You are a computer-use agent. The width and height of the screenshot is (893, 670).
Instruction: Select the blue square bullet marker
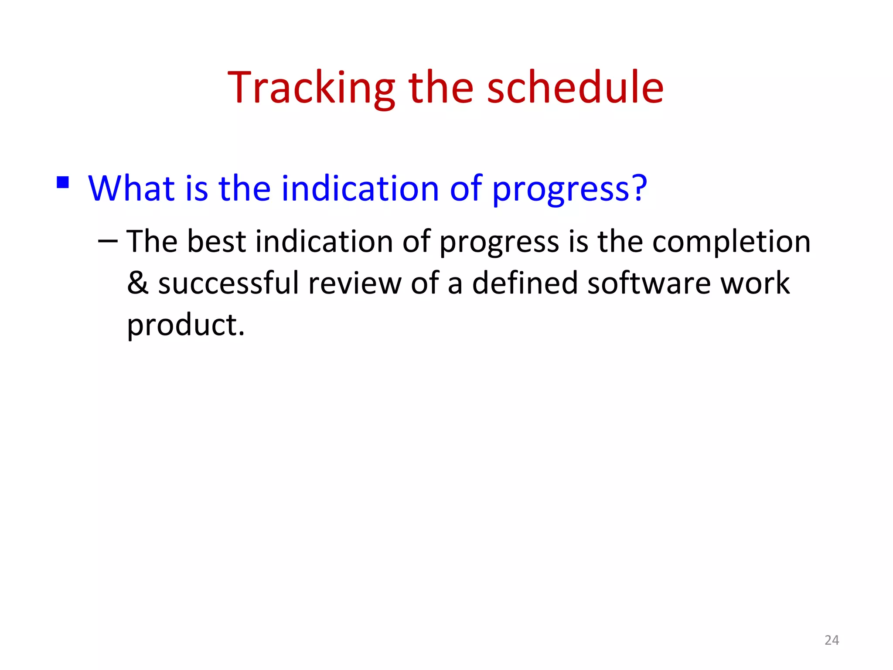tap(63, 182)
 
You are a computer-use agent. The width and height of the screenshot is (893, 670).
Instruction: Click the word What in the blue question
tap(131, 188)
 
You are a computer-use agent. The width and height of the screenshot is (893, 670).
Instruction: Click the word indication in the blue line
tap(360, 188)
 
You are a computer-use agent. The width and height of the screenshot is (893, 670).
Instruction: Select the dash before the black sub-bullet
tap(108, 241)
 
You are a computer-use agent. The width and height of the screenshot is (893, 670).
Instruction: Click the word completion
tap(731, 243)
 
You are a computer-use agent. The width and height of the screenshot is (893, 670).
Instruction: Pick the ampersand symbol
tap(137, 283)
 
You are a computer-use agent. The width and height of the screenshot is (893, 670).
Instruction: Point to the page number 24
tap(832, 640)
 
